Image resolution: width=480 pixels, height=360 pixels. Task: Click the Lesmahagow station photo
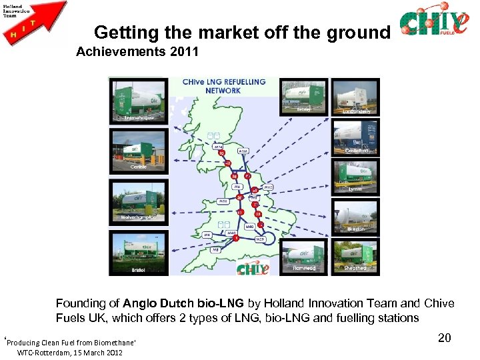tap(139, 101)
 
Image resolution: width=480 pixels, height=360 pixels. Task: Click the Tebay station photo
tap(303, 96)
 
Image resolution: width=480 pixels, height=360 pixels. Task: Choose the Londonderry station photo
tap(355, 97)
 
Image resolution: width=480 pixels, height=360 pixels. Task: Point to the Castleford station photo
tap(356, 137)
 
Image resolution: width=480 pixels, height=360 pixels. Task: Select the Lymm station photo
tap(356, 176)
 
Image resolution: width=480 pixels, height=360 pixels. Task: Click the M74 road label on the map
tap(219, 146)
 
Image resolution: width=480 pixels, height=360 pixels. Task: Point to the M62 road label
tap(268, 187)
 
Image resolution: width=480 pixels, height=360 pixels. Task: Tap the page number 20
tap(445, 338)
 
